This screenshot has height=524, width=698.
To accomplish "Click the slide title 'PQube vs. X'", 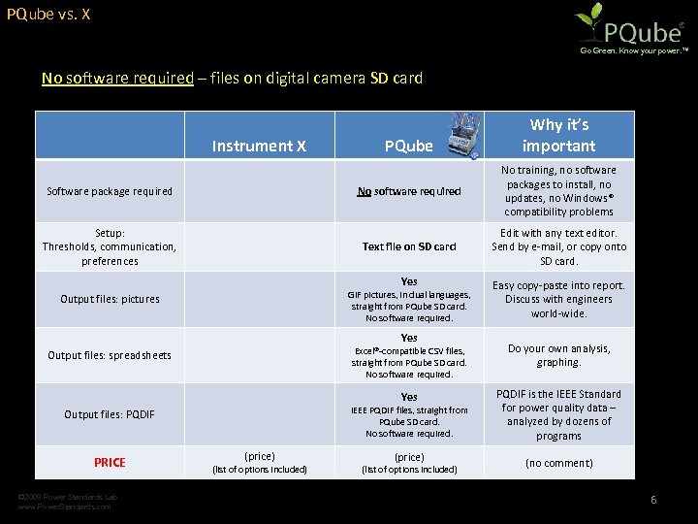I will tap(48, 16).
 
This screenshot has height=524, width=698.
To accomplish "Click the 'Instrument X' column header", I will tap(259, 146).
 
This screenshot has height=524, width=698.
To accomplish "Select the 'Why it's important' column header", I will tap(558, 135).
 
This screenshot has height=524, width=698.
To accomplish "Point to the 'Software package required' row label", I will tap(110, 191).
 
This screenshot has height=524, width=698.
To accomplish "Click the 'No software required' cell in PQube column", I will tap(408, 191).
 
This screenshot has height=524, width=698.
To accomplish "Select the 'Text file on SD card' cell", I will tap(408, 246).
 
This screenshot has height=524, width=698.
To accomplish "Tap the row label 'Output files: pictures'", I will tap(110, 299).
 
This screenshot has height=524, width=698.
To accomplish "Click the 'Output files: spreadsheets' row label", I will tap(110, 355).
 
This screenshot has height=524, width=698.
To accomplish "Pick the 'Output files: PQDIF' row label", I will tap(110, 414).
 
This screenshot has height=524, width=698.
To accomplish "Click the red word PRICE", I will tap(110, 462).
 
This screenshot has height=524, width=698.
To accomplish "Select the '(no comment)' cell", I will tap(558, 463).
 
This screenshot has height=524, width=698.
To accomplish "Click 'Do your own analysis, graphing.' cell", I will tap(558, 355).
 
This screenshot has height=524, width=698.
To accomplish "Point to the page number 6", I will tap(653, 500).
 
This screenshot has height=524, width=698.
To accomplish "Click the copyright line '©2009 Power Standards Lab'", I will tap(68, 497).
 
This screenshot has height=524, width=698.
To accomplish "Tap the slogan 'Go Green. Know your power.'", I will tap(634, 49).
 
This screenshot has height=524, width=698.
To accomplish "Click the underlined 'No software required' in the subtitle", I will tap(117, 78).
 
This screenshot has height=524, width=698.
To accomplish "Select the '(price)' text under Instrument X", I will tap(259, 456).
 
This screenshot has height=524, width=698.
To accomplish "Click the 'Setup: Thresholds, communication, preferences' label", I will tap(110, 246).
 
